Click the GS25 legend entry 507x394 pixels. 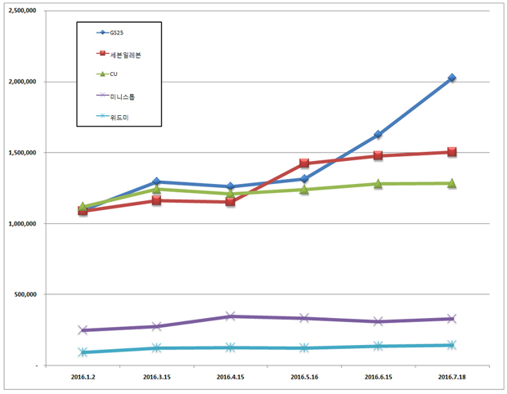click(x=119, y=33)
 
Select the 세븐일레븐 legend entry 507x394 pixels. click(x=122, y=54)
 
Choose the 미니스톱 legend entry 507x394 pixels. click(x=120, y=96)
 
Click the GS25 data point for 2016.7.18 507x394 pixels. click(x=451, y=78)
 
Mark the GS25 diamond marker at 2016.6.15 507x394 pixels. click(x=378, y=135)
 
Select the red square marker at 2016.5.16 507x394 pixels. click(x=304, y=163)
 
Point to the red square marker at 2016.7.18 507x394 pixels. click(x=451, y=152)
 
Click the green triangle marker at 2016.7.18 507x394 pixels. click(x=451, y=183)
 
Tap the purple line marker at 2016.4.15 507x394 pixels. click(x=231, y=316)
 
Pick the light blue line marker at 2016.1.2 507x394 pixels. click(x=83, y=352)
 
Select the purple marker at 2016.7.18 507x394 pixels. click(x=451, y=319)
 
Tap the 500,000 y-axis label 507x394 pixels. click(x=27, y=294)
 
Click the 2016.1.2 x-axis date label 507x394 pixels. click(x=83, y=378)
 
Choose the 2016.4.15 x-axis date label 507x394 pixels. click(x=231, y=378)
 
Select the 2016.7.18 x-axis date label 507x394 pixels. click(x=451, y=378)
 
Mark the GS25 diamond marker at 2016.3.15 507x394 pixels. click(x=157, y=181)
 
